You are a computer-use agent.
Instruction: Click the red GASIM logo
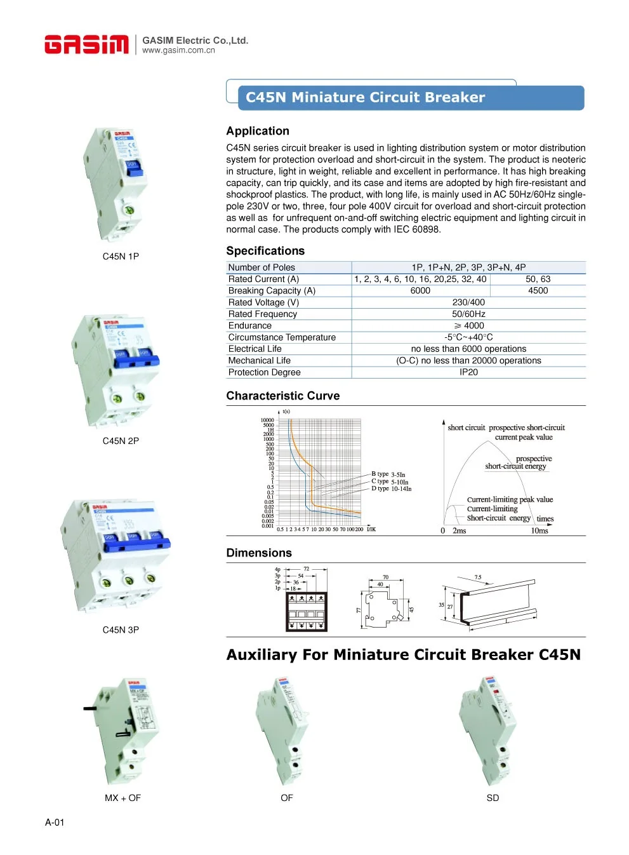click(x=86, y=44)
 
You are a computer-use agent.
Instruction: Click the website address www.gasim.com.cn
click(x=178, y=51)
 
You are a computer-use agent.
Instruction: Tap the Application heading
click(x=258, y=131)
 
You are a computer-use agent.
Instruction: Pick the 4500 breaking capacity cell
click(x=538, y=290)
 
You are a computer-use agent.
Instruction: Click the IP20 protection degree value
click(x=468, y=372)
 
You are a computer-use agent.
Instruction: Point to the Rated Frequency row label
click(x=263, y=314)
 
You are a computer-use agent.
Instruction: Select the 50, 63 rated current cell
click(x=538, y=279)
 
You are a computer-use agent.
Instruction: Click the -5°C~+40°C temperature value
click(x=468, y=337)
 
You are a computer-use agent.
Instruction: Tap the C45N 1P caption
click(x=121, y=257)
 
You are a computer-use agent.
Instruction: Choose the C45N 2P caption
click(x=121, y=441)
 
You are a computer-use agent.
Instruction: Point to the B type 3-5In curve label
click(x=388, y=474)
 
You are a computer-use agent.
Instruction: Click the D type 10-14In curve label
click(x=391, y=488)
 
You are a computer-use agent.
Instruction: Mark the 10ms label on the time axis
click(x=539, y=531)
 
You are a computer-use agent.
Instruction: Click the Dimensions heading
click(x=259, y=553)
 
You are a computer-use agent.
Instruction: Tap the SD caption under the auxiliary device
click(x=493, y=798)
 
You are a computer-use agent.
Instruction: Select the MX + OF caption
click(x=122, y=798)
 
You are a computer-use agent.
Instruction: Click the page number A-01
click(x=55, y=823)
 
